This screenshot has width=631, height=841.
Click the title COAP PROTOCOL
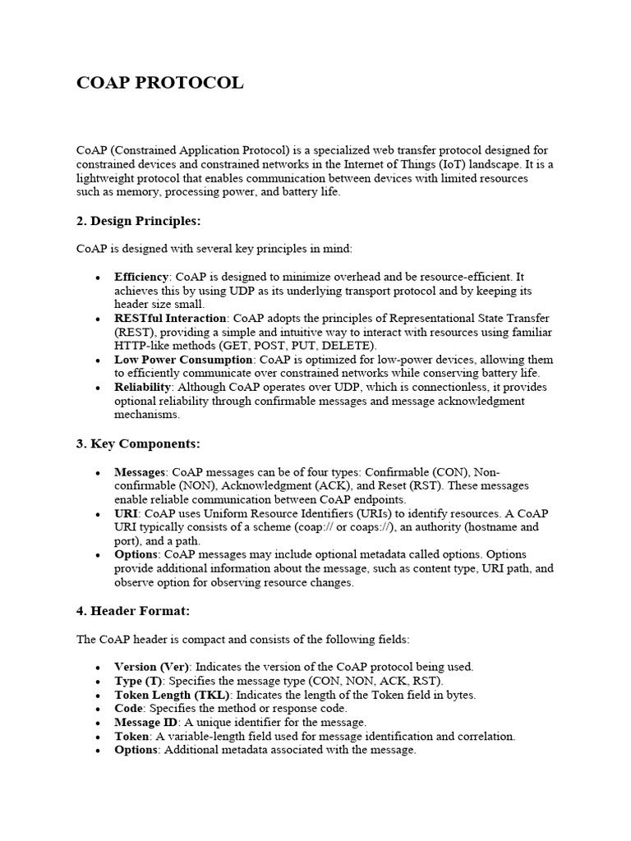click(x=159, y=84)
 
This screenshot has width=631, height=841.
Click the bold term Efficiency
click(x=141, y=277)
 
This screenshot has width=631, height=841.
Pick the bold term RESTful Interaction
click(x=170, y=318)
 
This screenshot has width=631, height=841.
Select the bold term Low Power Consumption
click(x=183, y=360)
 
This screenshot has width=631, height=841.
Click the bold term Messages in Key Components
click(x=140, y=472)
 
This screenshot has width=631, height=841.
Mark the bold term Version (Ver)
click(x=152, y=666)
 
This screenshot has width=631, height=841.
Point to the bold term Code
click(x=129, y=708)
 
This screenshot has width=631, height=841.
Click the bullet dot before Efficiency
click(x=99, y=278)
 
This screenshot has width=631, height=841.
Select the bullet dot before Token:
click(x=99, y=737)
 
